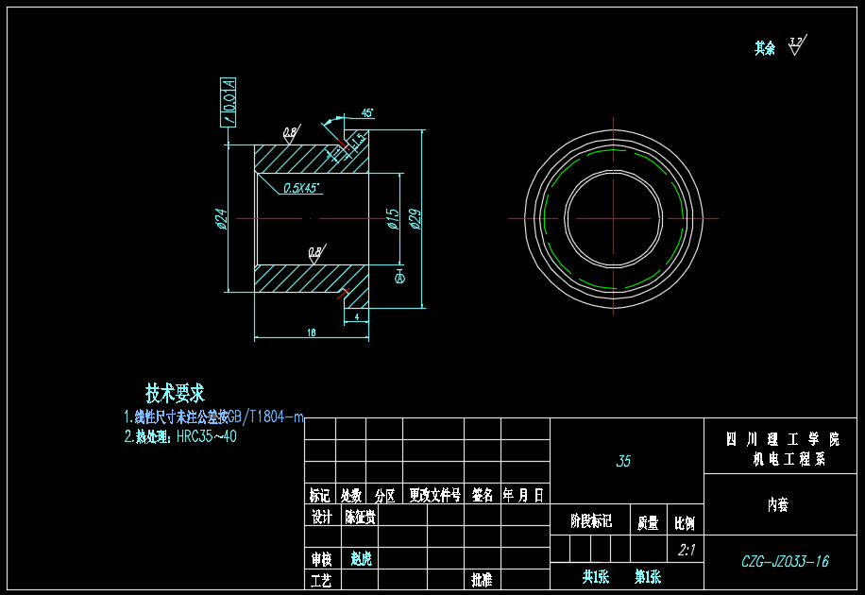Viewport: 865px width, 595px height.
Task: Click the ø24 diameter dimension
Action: click(219, 219)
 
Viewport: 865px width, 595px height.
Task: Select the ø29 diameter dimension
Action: click(414, 218)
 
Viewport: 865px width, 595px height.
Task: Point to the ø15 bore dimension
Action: click(392, 219)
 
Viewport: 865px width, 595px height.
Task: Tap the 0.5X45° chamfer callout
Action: click(302, 188)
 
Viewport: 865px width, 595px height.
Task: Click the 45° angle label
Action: click(367, 112)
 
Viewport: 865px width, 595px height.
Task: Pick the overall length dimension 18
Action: click(311, 331)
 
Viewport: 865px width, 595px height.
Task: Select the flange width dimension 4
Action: click(356, 318)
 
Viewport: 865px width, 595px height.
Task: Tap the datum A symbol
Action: click(399, 279)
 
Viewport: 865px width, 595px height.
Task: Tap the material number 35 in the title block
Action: click(623, 462)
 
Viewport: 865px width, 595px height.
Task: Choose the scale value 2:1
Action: click(687, 550)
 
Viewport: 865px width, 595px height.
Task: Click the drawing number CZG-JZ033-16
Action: click(785, 561)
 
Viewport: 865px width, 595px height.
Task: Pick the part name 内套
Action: click(777, 505)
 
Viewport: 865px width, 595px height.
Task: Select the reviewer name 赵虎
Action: click(361, 559)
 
